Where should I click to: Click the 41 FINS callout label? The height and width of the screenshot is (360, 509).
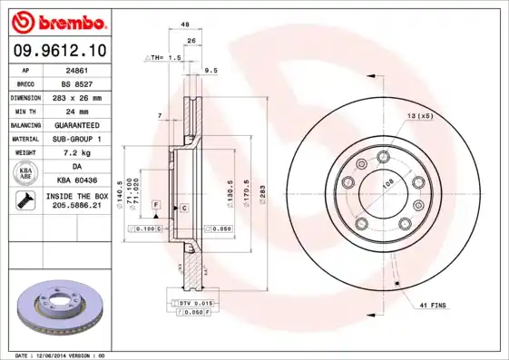[433, 306]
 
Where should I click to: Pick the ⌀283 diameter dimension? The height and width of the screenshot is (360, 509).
[260, 192]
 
